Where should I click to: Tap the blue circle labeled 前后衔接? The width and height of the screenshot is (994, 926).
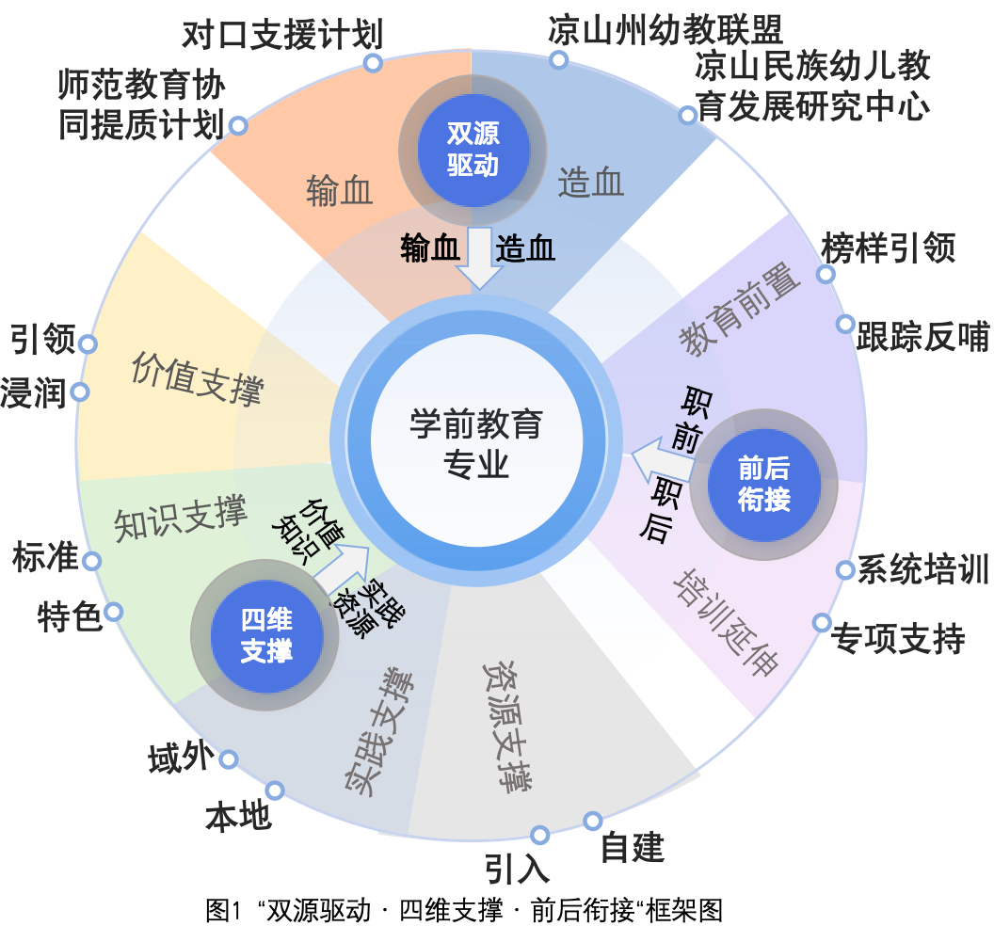tap(763, 483)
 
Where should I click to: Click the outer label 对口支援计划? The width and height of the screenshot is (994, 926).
tap(282, 36)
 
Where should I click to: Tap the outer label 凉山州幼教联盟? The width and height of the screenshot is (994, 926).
tap(665, 29)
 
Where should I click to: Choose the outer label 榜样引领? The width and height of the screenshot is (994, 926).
tap(889, 248)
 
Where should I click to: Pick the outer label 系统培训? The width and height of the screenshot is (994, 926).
tap(922, 570)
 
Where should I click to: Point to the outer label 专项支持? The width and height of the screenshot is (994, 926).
tap(898, 640)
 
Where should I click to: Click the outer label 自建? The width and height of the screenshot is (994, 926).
tap(633, 847)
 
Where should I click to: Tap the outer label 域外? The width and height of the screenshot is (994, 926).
tap(182, 758)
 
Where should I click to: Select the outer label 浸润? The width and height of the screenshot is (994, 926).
tap(34, 392)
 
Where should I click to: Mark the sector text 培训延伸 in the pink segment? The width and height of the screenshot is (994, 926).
tap(726, 620)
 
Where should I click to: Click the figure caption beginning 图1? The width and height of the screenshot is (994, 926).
tap(463, 910)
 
